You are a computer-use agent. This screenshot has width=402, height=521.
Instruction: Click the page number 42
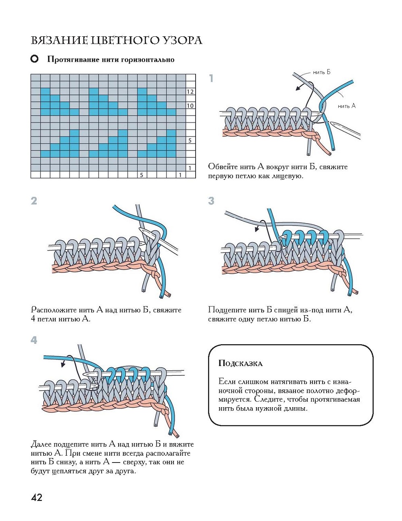(x=37, y=497)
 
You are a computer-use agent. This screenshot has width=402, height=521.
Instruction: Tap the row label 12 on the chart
(x=190, y=92)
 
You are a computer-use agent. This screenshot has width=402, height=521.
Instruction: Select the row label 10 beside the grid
(x=190, y=106)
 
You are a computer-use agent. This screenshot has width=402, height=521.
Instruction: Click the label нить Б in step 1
(x=321, y=72)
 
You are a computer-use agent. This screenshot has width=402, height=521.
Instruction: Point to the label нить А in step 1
(x=347, y=106)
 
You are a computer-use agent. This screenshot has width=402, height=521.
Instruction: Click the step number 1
(x=211, y=78)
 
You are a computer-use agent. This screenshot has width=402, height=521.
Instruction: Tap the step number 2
(x=34, y=201)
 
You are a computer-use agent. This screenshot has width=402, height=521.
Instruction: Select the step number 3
(x=211, y=201)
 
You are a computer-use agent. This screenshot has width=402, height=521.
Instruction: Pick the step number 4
(x=34, y=340)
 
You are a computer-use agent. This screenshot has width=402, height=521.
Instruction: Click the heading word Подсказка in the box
(x=240, y=364)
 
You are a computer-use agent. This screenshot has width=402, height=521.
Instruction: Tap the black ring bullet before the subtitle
(x=35, y=59)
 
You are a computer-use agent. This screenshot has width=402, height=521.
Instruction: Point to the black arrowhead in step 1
(x=298, y=88)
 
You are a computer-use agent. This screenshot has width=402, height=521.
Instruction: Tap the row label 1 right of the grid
(x=190, y=168)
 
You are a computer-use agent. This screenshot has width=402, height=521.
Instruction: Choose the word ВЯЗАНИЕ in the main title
(x=59, y=40)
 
